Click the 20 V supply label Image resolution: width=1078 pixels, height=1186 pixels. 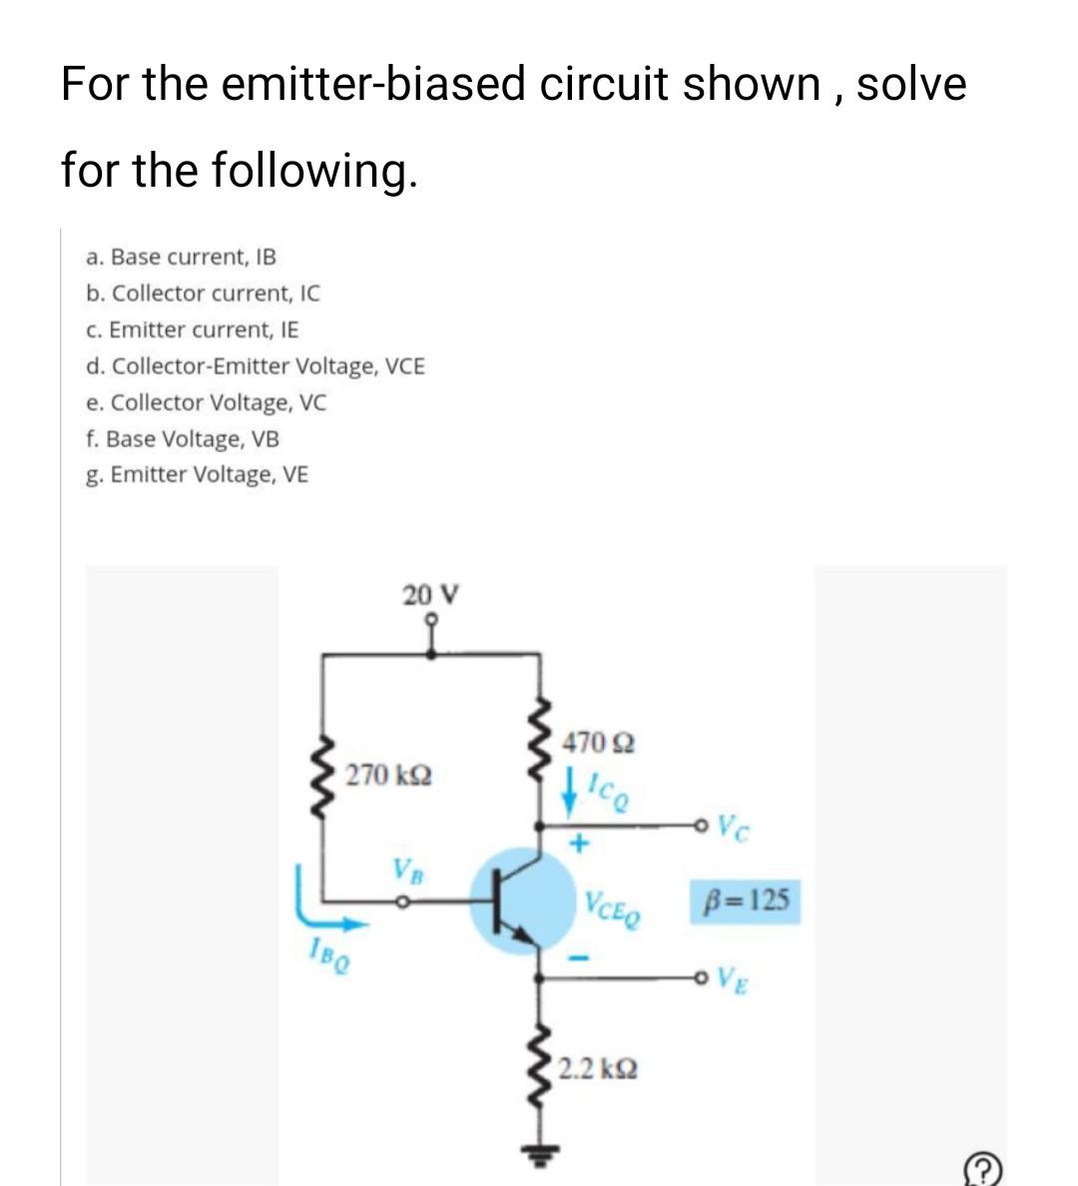(430, 596)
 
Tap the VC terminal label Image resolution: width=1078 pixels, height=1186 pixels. (733, 828)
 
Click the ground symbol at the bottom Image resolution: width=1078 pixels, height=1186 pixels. (540, 1147)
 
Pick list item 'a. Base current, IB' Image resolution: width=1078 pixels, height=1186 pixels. (182, 257)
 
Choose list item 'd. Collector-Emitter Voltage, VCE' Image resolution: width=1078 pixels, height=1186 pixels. (256, 366)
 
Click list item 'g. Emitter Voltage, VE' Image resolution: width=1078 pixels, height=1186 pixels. (197, 475)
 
